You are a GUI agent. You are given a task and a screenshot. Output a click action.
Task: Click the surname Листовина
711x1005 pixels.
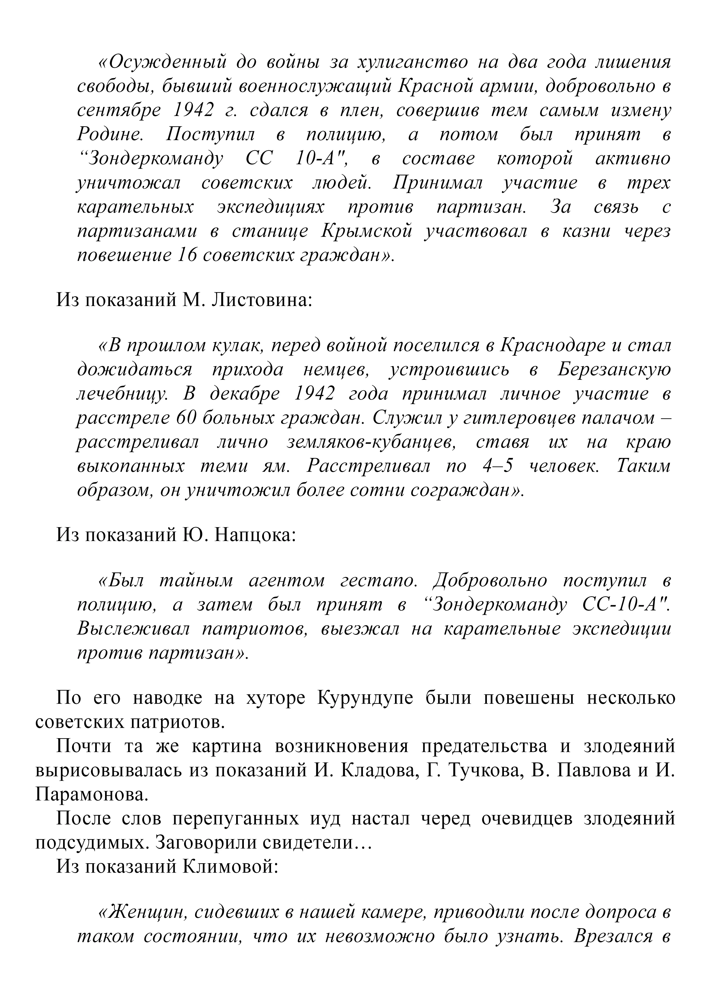click(x=261, y=301)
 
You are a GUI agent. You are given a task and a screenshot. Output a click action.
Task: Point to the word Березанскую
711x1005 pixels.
click(x=614, y=370)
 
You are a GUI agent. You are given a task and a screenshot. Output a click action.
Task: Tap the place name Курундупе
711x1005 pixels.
click(x=364, y=698)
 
